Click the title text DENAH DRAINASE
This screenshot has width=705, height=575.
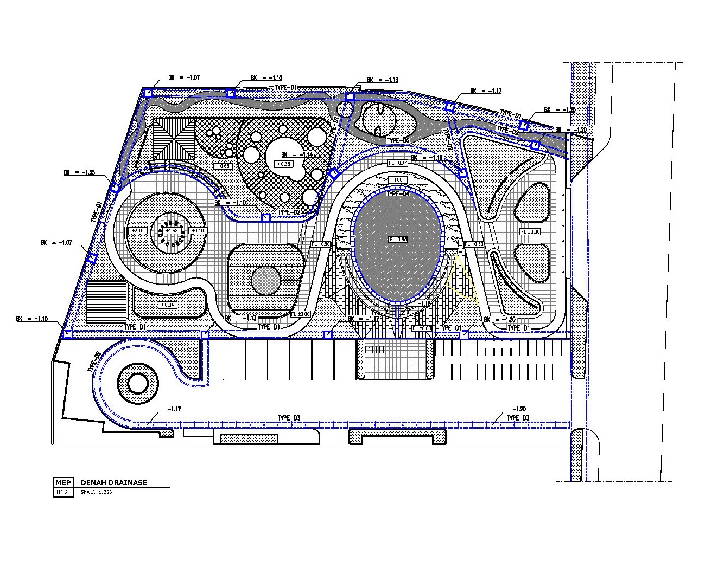pyautogui.click(x=113, y=482)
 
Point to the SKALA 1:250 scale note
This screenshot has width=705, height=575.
pyautogui.click(x=96, y=493)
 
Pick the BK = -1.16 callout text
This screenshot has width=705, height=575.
pyautogui.click(x=427, y=158)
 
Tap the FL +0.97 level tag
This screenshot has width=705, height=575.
pyautogui.click(x=397, y=163)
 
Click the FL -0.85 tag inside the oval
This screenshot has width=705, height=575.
pyautogui.click(x=397, y=239)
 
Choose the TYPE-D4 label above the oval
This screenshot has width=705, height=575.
pyautogui.click(x=397, y=193)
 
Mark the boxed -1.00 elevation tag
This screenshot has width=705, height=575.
pyautogui.click(x=397, y=179)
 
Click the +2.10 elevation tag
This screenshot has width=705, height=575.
pyautogui.click(x=137, y=231)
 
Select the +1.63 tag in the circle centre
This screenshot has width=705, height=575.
pyautogui.click(x=171, y=231)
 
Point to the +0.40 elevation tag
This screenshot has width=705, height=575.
pyautogui.click(x=198, y=231)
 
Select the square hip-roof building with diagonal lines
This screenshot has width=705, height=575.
pyautogui.click(x=173, y=139)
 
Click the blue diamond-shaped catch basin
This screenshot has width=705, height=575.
pyautogui.click(x=334, y=173)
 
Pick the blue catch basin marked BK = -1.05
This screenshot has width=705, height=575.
pyautogui.click(x=115, y=188)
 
